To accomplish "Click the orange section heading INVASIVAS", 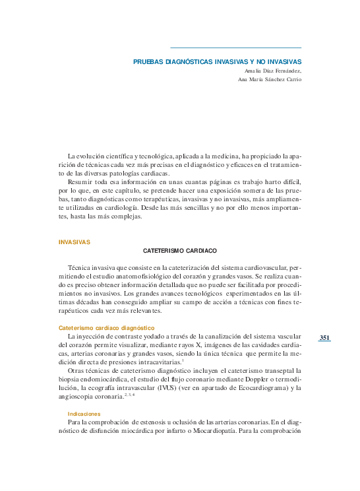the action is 75,242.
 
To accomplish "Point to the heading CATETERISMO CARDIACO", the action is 180,251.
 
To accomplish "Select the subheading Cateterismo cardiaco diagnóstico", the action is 106,328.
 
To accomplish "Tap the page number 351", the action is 324,338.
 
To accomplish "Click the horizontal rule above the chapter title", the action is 235,48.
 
